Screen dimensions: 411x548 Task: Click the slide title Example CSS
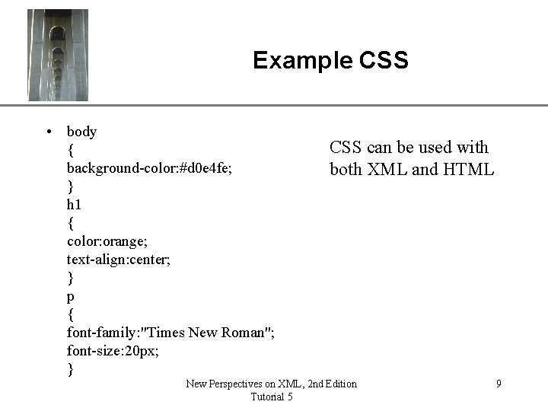(330, 60)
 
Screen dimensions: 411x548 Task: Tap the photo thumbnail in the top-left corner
(58, 55)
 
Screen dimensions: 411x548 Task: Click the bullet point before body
(49, 132)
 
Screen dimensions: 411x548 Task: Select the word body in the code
(81, 132)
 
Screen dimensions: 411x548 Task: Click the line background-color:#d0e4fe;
(148, 167)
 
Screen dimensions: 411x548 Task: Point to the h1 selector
(74, 204)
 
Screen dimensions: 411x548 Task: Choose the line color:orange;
(105, 241)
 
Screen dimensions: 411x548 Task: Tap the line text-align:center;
(119, 259)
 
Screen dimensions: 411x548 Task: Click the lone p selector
(71, 296)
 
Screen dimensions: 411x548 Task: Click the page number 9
(499, 384)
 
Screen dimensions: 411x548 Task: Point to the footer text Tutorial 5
(271, 397)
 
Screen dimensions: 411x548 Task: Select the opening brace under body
(70, 150)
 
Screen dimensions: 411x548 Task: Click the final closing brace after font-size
(70, 370)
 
